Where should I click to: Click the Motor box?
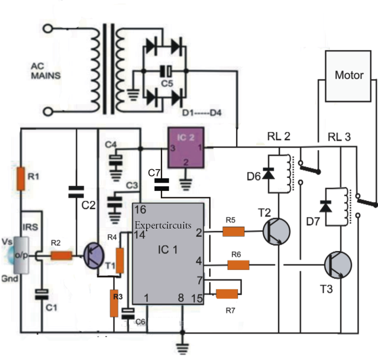tap(349, 76)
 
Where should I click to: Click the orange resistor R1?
tap(20, 179)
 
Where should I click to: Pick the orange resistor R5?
tap(233, 231)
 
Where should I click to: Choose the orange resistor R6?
tap(238, 265)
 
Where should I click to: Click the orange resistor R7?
tap(227, 294)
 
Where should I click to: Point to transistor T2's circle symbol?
tap(276, 231)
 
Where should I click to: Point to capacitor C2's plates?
tap(77, 191)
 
